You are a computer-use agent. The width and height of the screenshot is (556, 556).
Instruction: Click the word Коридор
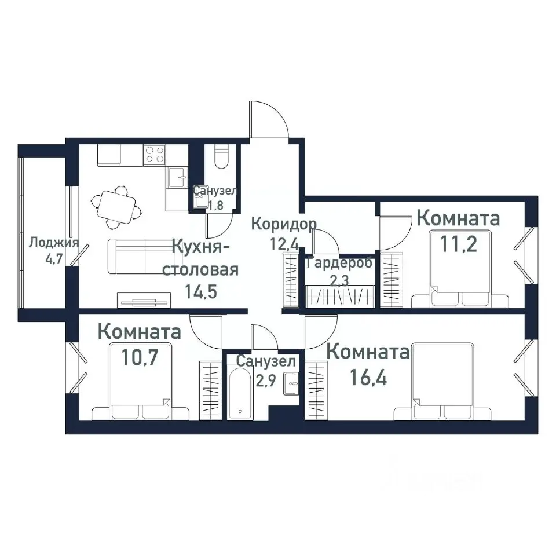coord(284,224)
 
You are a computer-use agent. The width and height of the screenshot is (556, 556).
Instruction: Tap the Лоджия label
coord(53,242)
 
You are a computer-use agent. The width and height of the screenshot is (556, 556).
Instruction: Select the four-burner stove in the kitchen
coord(155,154)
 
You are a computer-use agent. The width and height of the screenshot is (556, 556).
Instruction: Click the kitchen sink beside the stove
coord(177,177)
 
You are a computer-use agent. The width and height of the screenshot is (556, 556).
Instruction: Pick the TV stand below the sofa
coord(144,300)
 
